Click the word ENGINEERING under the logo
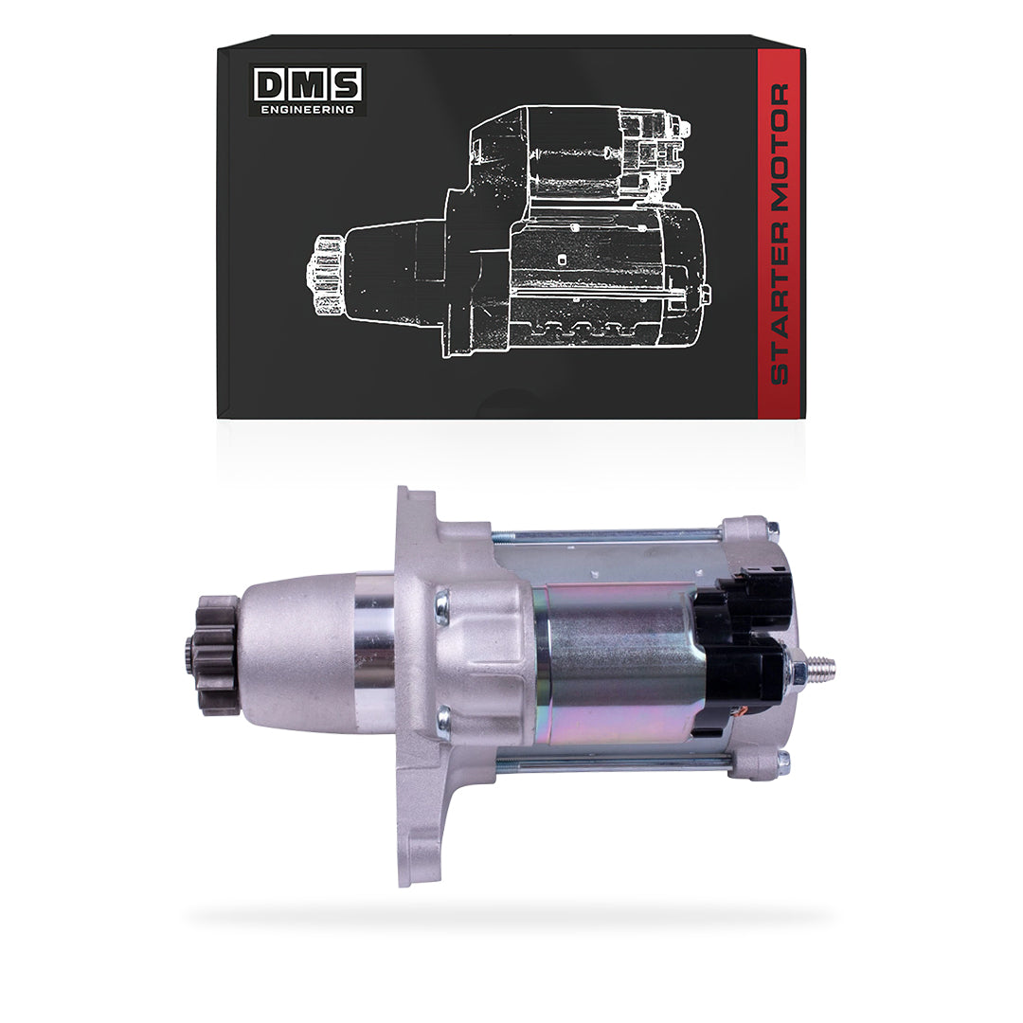pos(308,110)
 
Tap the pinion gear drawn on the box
pos(326,274)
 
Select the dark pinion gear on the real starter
pos(213,654)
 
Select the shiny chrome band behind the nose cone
pos(374,654)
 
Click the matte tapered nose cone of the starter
pos(294,654)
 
